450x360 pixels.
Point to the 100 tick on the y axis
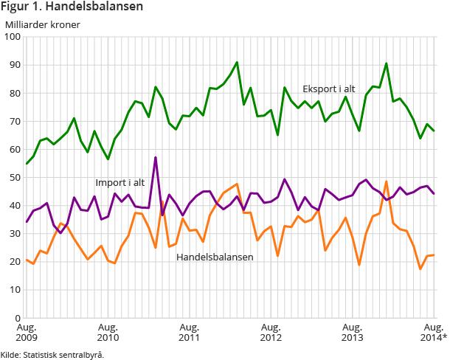(x=13, y=37)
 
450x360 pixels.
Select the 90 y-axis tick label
(x=15, y=65)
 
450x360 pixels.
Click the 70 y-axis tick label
(x=15, y=121)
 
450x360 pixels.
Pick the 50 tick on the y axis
(x=15, y=177)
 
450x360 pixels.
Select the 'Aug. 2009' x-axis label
(x=27, y=332)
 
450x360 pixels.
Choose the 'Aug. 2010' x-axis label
(x=108, y=332)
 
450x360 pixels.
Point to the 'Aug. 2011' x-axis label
(x=190, y=332)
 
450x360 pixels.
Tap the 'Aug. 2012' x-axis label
(x=271, y=332)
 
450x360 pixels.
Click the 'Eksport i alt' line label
(x=329, y=89)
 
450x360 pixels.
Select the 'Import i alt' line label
(x=120, y=182)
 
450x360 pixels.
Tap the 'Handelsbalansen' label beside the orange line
(x=215, y=257)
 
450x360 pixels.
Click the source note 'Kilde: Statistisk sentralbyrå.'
(x=52, y=354)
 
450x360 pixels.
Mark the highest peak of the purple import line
(x=155, y=157)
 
